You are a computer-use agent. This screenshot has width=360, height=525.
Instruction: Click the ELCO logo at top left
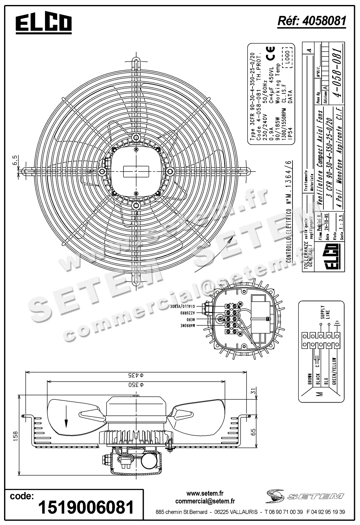tap(43, 23)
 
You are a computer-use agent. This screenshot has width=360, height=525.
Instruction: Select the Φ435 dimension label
tap(136, 375)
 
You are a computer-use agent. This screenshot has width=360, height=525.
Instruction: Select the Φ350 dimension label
tap(136, 384)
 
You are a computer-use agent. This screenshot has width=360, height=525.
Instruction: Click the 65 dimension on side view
tap(254, 432)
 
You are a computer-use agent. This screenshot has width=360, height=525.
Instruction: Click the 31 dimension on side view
tap(254, 391)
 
